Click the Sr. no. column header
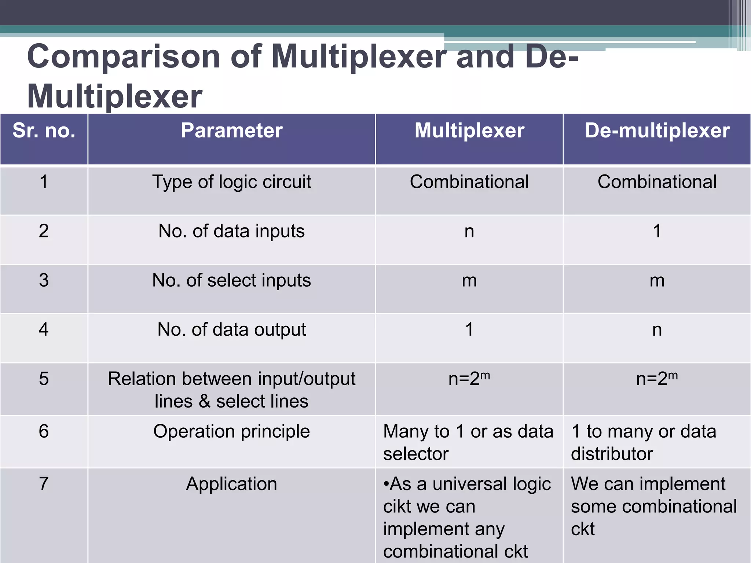[44, 130]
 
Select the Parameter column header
[231, 130]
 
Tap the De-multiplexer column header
[657, 130]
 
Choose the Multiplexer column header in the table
[469, 130]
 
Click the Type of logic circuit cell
[231, 182]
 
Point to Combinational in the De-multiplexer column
[657, 182]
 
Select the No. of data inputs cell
[231, 231]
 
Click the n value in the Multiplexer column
[469, 232]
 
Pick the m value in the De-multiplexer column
[657, 281]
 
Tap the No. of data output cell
[231, 330]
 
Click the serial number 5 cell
[44, 379]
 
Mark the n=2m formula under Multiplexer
[469, 379]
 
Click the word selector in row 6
[416, 454]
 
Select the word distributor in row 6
[612, 454]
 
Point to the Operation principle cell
[231, 431]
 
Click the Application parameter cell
[231, 484]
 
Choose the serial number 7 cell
[44, 484]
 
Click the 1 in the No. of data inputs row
[657, 231]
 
